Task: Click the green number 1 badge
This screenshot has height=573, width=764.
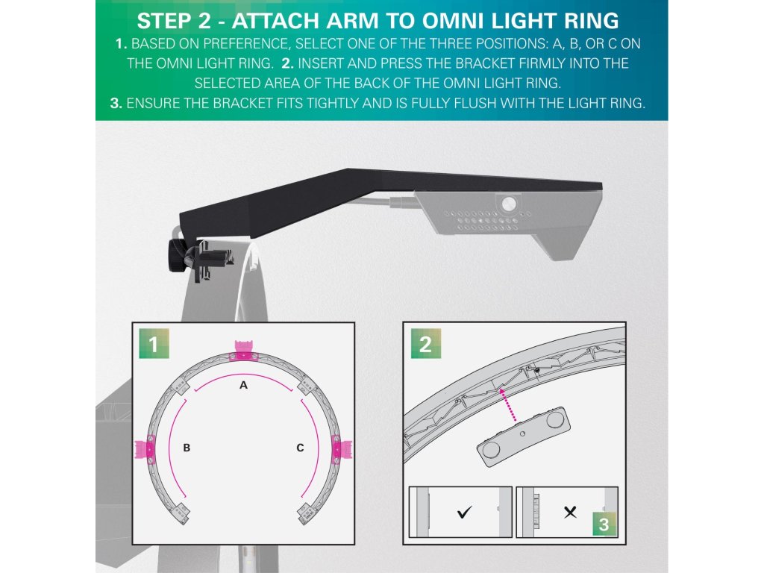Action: (154, 343)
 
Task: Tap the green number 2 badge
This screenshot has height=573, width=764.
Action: (425, 343)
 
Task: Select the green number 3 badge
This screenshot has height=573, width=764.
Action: (604, 525)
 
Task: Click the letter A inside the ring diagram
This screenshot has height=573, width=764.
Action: (244, 386)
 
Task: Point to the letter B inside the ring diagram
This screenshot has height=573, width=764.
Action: (187, 448)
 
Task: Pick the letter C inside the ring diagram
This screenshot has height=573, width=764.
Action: (300, 448)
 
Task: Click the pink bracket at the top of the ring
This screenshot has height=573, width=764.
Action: (242, 351)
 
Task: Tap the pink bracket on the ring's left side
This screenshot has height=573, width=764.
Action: (145, 448)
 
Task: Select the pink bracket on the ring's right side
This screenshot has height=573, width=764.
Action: (342, 448)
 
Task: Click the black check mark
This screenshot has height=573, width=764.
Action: (464, 512)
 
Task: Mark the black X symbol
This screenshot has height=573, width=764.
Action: (570, 512)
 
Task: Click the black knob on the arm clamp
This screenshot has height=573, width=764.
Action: (175, 251)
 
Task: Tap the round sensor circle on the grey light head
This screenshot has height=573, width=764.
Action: (509, 203)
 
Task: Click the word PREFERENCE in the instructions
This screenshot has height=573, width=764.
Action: (246, 44)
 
